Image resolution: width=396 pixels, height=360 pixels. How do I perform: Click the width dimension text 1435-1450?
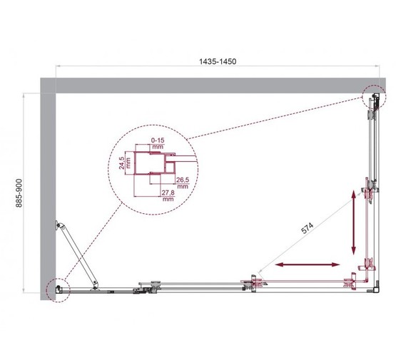tap(217, 62)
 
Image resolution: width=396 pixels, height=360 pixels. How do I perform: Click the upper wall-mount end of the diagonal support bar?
tap(61, 227)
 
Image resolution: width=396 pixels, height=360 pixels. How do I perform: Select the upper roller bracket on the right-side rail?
tap(369, 192)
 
